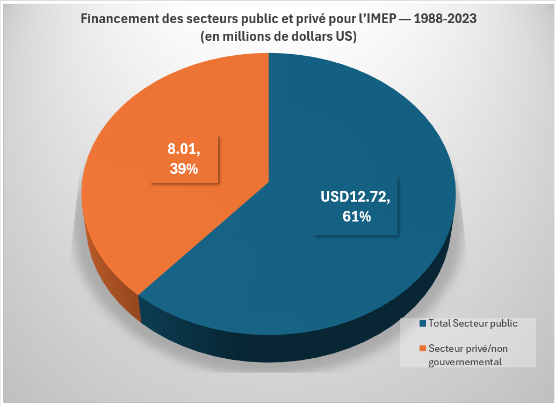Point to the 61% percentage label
[x=356, y=217]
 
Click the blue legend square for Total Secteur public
[x=423, y=323]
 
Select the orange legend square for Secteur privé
[x=423, y=349]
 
